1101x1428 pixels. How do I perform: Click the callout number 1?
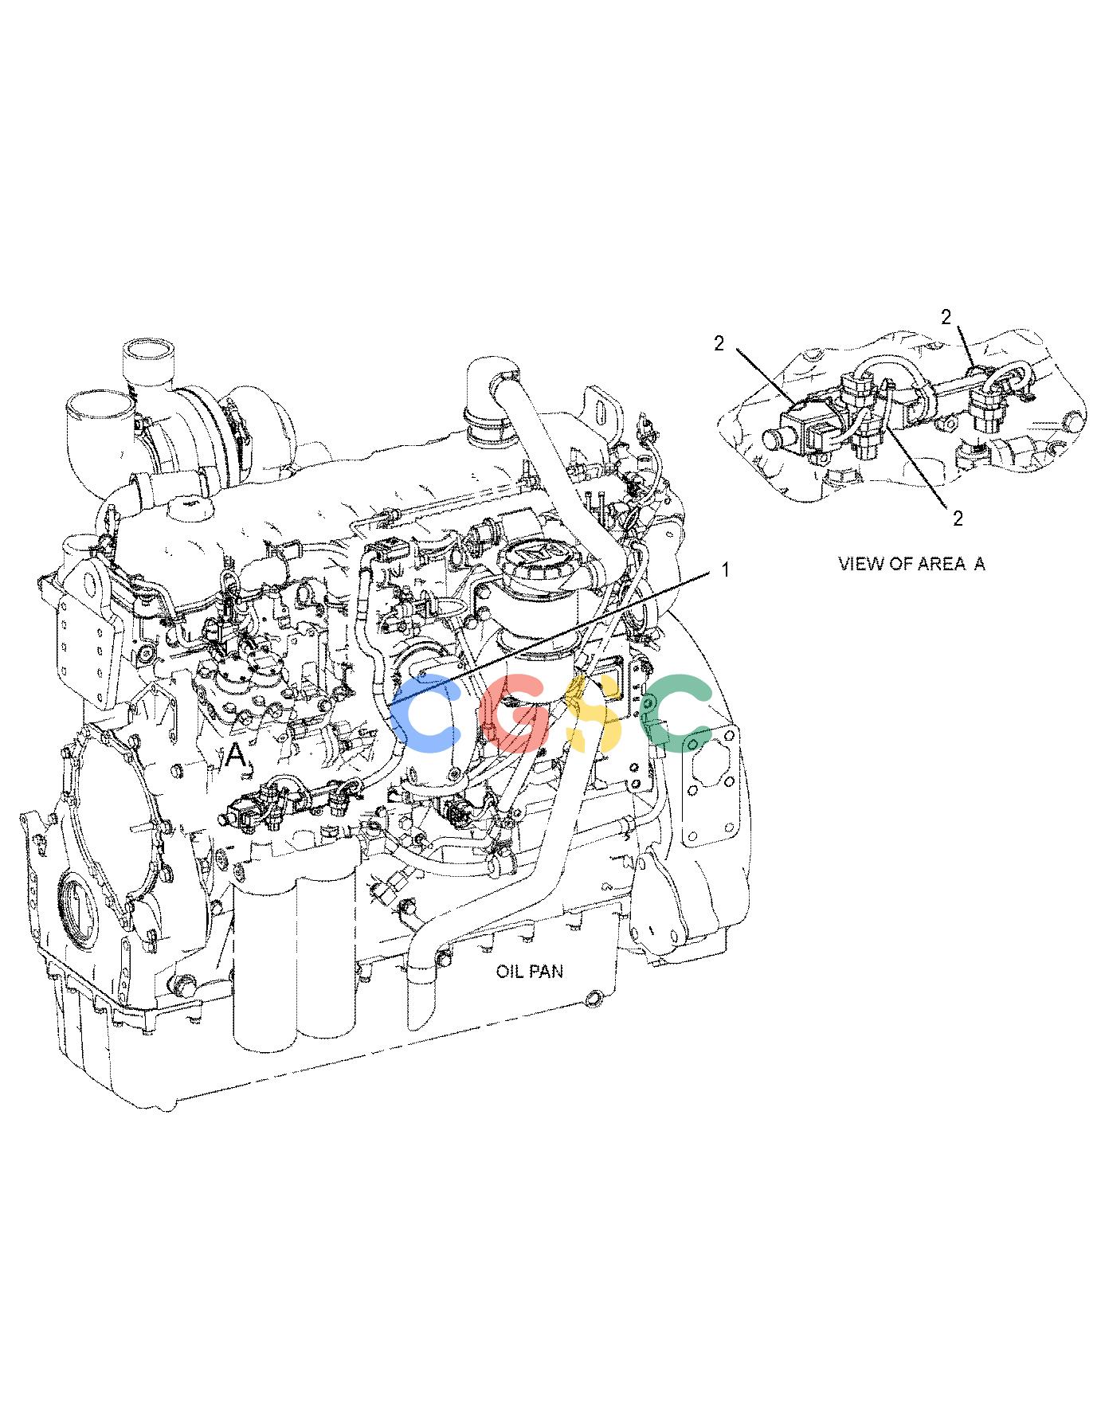[724, 570]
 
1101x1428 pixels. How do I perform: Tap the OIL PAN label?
[530, 972]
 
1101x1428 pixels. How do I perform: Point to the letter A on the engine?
[234, 754]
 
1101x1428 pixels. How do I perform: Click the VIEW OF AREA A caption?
[911, 564]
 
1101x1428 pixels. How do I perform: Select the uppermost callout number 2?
[946, 318]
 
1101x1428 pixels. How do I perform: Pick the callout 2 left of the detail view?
[719, 343]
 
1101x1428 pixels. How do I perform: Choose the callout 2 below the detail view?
[958, 518]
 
